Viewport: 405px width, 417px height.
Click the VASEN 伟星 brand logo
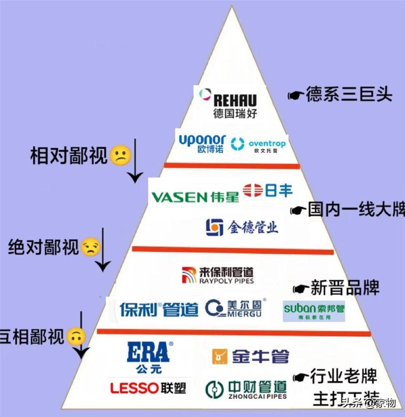(195, 197)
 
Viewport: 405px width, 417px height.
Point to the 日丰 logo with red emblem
(268, 190)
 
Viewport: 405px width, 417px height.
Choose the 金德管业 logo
(242, 227)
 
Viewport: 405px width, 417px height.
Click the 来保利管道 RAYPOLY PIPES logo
(218, 275)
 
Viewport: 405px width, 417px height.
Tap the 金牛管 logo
(251, 356)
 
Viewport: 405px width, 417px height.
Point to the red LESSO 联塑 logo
(148, 388)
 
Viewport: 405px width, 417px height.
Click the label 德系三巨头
(349, 95)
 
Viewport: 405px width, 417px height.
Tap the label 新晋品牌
(345, 288)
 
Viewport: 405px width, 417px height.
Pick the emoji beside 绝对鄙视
(90, 247)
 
